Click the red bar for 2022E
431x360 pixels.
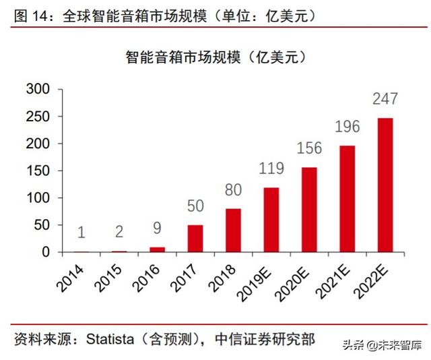point(385,185)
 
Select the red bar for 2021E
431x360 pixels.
point(347,199)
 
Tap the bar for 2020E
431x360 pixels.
point(309,210)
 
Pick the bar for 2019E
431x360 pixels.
point(271,220)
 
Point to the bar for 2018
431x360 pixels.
point(233,231)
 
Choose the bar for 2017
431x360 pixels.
point(195,239)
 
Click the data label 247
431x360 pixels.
point(385,100)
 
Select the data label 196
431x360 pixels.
point(347,127)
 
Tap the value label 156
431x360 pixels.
point(309,148)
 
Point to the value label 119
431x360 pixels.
point(271,169)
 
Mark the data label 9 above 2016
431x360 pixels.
point(157,229)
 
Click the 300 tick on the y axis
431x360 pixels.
point(38,89)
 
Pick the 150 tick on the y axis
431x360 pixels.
point(38,171)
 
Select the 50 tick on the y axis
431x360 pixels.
point(42,225)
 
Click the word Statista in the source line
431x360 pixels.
point(112,340)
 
